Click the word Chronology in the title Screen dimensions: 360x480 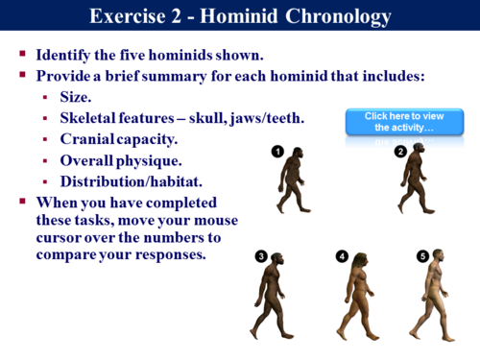click(x=328, y=16)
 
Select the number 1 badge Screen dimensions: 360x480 click(x=276, y=150)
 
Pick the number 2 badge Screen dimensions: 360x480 click(x=400, y=151)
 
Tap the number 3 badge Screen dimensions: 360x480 click(x=261, y=255)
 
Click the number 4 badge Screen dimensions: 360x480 click(x=342, y=255)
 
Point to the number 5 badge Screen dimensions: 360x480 click(x=422, y=255)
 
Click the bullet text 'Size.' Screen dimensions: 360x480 click(x=76, y=97)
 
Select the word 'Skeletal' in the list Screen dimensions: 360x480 click(x=92, y=118)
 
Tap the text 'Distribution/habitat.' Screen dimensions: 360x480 click(x=130, y=181)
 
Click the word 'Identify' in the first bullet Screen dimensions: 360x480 click(x=68, y=55)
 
